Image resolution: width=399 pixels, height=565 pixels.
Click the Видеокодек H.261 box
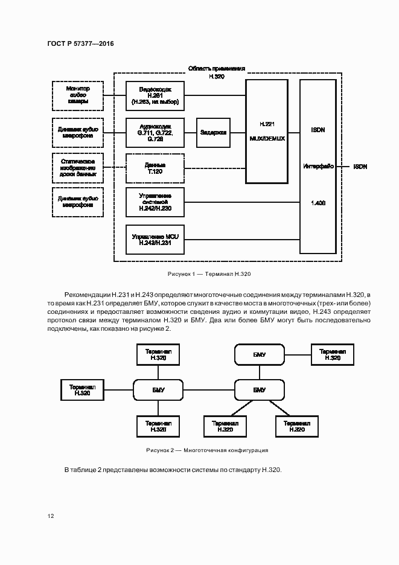[x=155, y=96]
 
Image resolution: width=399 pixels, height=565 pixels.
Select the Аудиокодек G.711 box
[x=155, y=132]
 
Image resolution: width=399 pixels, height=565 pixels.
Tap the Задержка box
[x=213, y=132]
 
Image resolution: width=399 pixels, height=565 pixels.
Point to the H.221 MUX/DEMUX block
[x=267, y=131]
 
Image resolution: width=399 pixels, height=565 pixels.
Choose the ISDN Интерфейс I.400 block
[x=318, y=167]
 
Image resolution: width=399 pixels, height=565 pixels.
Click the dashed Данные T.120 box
[x=155, y=168]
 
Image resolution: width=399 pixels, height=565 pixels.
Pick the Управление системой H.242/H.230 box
[x=155, y=202]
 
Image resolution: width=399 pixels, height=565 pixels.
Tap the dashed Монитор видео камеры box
[x=77, y=95]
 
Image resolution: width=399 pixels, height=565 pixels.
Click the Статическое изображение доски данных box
[x=77, y=168]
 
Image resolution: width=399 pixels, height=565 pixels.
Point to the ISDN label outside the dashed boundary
[x=360, y=167]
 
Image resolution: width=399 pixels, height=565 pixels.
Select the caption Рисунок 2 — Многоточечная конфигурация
[x=207, y=450]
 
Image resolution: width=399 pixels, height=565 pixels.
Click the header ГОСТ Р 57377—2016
[x=80, y=44]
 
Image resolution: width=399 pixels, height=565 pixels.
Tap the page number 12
[x=51, y=516]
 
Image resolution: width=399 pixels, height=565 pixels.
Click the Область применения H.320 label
[x=215, y=72]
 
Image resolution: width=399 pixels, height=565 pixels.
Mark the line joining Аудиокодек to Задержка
[x=191, y=132]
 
